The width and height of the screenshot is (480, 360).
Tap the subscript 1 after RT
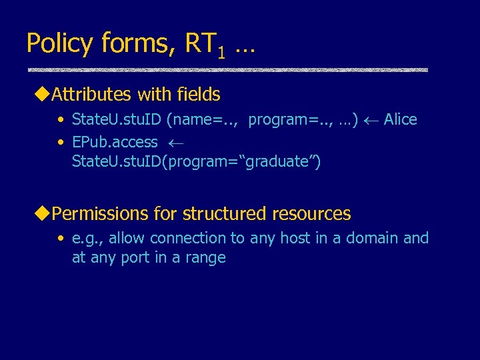point(222,52)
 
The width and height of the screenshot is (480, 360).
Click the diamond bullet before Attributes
point(45,95)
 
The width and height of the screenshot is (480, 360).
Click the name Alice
point(401,120)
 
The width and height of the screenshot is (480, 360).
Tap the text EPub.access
point(115,142)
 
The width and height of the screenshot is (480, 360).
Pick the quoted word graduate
point(281,161)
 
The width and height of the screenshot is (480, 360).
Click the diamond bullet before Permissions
point(45,214)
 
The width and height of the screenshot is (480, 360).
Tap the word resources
point(311,214)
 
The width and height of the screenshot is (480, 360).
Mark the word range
point(206,258)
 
